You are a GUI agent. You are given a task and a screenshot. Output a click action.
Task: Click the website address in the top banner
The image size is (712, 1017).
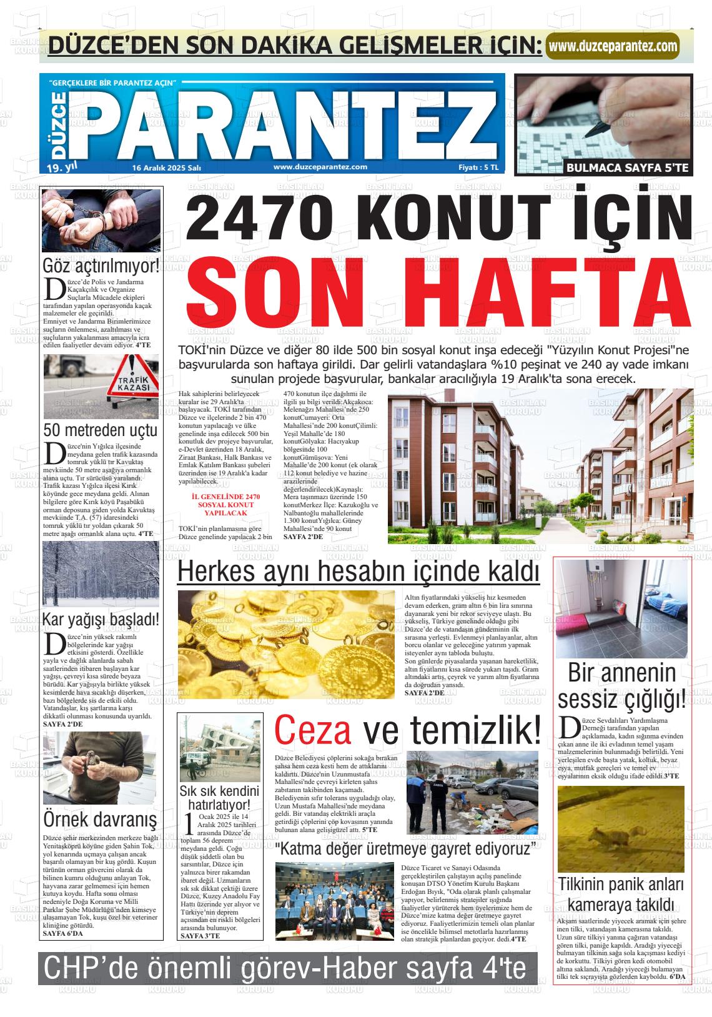click(612, 46)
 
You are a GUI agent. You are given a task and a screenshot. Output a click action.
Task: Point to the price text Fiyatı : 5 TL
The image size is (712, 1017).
click(478, 167)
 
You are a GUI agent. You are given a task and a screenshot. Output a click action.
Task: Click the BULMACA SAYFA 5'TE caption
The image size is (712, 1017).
click(626, 167)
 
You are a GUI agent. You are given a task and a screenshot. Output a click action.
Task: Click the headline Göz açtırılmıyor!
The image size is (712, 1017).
click(101, 265)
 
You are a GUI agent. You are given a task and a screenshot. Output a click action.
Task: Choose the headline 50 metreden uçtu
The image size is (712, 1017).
click(101, 430)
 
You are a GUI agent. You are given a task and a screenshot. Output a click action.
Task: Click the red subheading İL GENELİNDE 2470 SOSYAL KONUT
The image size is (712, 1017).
click(226, 504)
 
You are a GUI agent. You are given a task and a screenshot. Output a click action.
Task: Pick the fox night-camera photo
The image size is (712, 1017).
click(620, 829)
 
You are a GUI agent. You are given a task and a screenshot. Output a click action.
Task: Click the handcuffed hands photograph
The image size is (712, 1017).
click(101, 221)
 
